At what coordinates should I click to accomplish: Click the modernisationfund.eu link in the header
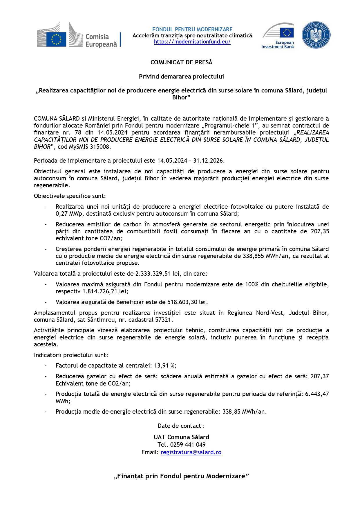coord(192,42)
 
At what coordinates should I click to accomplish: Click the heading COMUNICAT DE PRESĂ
coord(181,62)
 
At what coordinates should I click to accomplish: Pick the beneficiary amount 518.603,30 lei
coord(187,302)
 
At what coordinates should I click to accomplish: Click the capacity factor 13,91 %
coord(165,366)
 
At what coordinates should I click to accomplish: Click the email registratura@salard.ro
coord(191,452)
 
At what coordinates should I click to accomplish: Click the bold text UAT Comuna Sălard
coord(181,437)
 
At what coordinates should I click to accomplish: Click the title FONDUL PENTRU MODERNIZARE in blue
coord(192,29)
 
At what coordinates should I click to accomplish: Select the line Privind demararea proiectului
coord(181,77)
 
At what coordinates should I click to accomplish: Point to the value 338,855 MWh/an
coord(265,256)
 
